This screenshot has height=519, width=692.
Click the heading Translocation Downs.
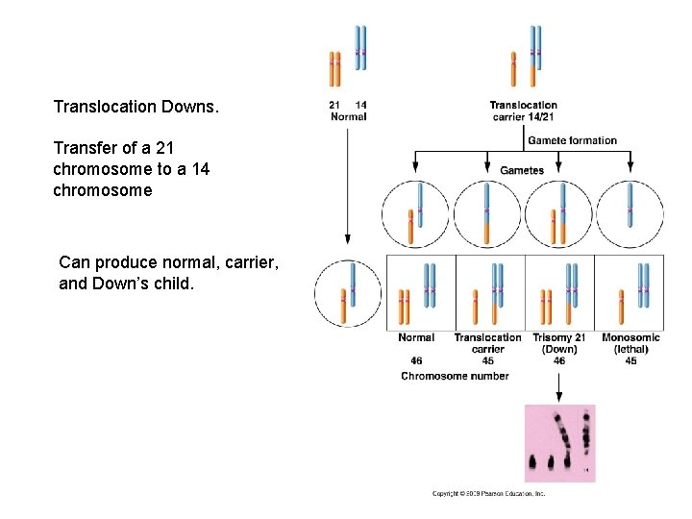coord(136,106)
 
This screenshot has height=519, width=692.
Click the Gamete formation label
coord(572,140)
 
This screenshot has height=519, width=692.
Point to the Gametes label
coord(522,170)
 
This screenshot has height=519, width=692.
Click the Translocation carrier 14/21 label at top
coord(523,111)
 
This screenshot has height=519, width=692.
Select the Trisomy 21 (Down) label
coord(559,343)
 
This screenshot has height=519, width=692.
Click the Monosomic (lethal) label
coord(630,343)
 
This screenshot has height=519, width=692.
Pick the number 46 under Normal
coord(416,361)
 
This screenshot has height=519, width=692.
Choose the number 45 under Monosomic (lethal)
coord(630,361)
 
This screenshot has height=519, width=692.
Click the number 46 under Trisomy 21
coord(559,361)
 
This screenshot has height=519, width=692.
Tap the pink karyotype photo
coord(559,442)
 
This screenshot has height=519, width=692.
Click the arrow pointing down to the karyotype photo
coord(559,386)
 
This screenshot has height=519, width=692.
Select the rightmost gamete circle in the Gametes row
coord(630,214)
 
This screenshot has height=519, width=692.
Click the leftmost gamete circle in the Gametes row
coord(415,214)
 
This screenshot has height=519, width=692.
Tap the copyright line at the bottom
coord(488,494)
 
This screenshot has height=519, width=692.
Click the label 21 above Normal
coord(334,105)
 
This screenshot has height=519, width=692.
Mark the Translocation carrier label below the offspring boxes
coord(487,343)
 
